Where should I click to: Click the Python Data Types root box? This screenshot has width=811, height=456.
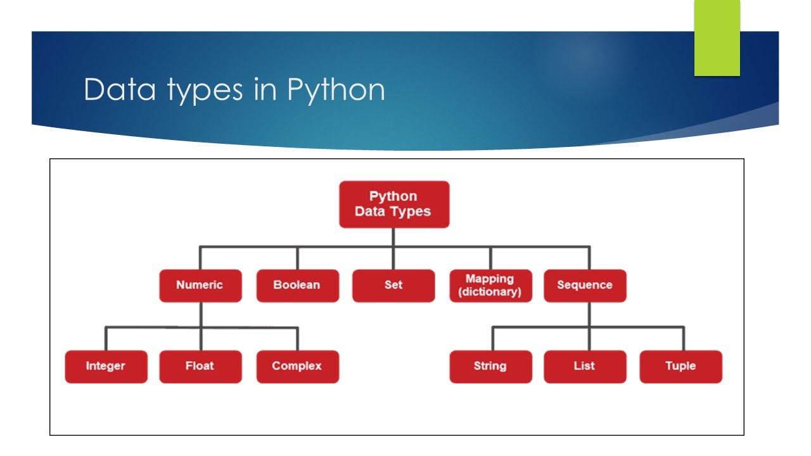(x=393, y=204)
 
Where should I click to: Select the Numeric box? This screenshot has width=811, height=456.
(x=200, y=285)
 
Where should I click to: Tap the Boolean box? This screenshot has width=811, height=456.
(x=297, y=285)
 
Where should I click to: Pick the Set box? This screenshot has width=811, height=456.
(x=393, y=285)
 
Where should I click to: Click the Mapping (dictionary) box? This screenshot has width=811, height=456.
(x=490, y=285)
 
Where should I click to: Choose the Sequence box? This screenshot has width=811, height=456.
(x=585, y=285)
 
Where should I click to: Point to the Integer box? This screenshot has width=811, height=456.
(x=106, y=366)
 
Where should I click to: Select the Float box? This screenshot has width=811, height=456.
(x=200, y=366)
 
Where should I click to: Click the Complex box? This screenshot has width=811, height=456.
(x=297, y=366)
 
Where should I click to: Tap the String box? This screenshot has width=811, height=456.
(x=490, y=366)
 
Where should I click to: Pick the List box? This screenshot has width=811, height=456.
(x=585, y=366)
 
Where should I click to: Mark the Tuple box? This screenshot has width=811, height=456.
(x=680, y=366)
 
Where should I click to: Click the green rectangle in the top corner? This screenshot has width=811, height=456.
(x=717, y=38)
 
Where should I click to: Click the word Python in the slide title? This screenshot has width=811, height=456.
(x=336, y=91)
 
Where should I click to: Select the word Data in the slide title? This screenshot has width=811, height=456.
(x=119, y=91)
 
